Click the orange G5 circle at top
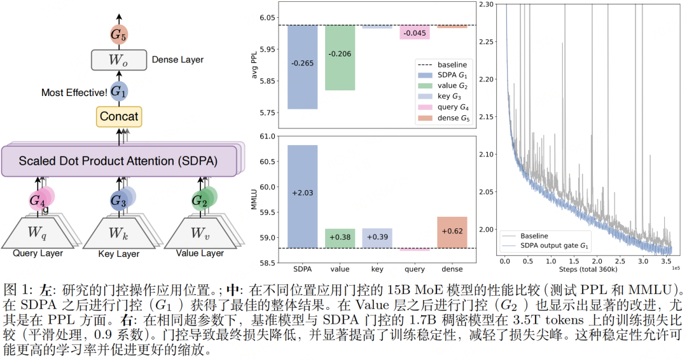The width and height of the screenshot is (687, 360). coord(118,35)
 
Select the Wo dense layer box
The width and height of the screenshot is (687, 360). coord(118,60)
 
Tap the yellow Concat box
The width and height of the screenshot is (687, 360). coord(118,116)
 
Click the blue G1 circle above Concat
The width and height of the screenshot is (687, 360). coord(118,91)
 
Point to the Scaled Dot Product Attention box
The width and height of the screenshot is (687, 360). coord(118,161)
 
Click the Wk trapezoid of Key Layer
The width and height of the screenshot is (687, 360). coord(118,232)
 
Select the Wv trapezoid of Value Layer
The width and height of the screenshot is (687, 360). coord(199,232)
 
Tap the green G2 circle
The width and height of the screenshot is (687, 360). coord(200,201)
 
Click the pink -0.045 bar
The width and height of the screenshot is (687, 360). coord(415,32)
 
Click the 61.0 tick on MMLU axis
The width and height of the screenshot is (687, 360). coord(267,136)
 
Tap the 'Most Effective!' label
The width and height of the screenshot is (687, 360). coord(74,93)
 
